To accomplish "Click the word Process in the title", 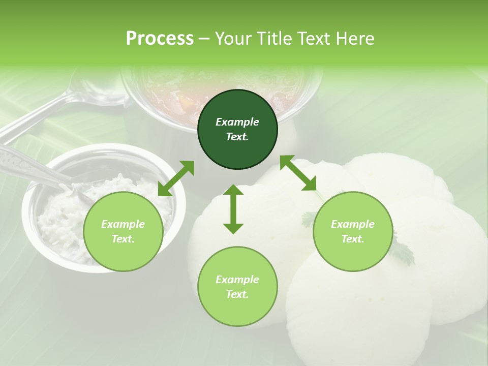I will (160, 39).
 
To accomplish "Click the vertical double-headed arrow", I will (233, 209).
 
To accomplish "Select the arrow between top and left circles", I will (176, 178).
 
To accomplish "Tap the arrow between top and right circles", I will (298, 173).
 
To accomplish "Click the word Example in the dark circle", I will (237, 122).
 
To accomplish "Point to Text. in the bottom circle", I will (237, 294).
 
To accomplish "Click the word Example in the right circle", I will (353, 224).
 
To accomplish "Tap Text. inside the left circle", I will (123, 239).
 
